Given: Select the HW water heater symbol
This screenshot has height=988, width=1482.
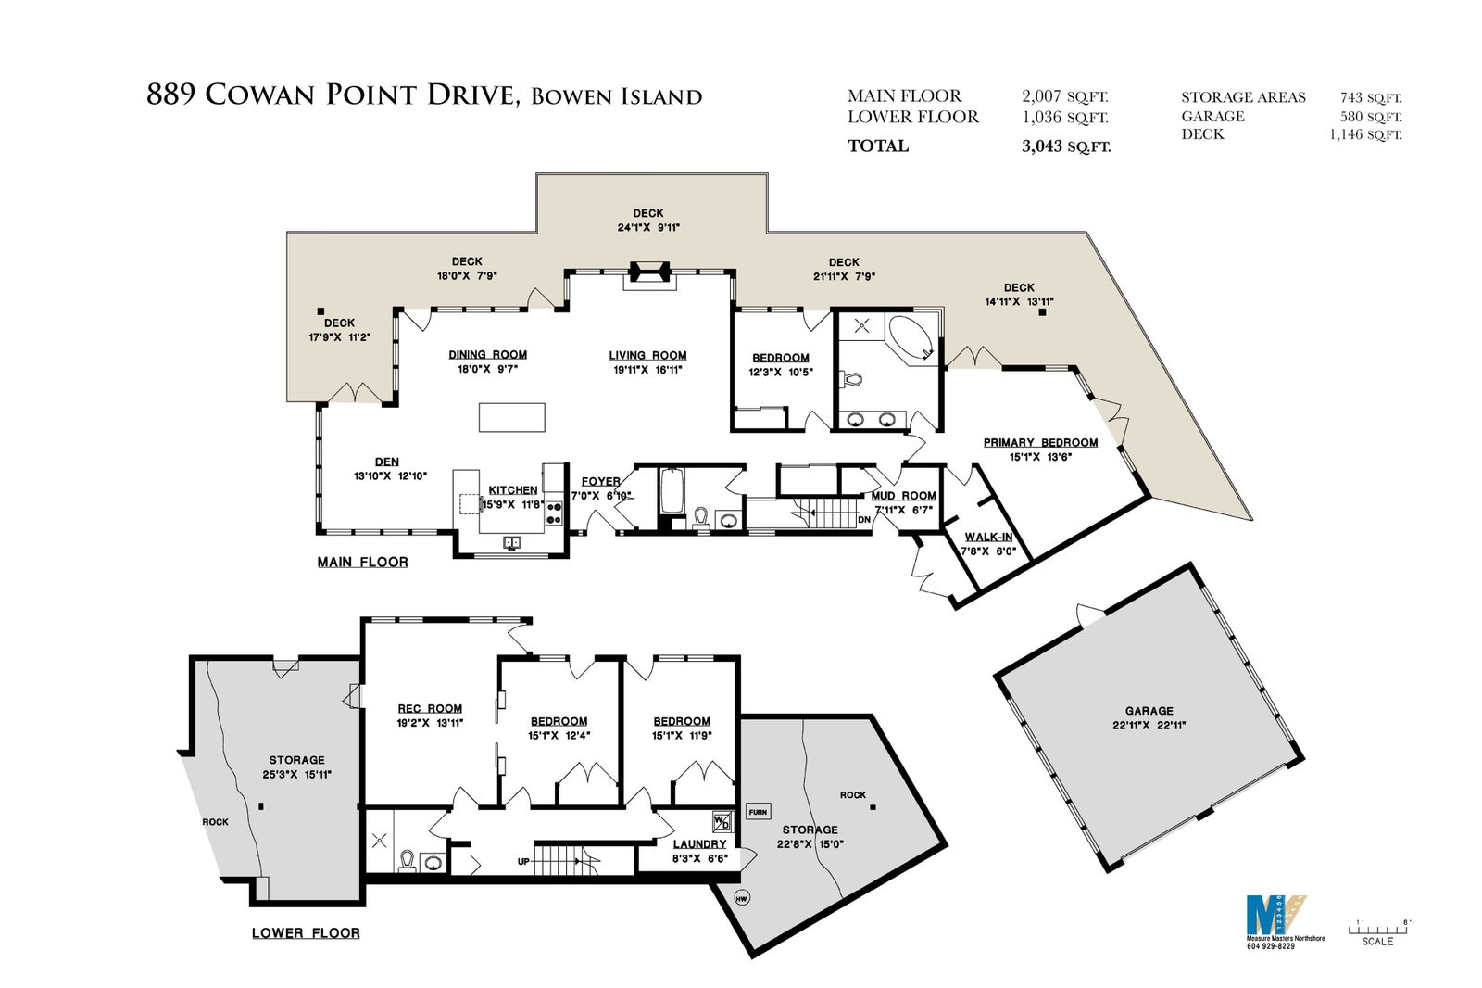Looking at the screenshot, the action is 742,899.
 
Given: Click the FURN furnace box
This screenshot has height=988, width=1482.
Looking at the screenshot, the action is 759,811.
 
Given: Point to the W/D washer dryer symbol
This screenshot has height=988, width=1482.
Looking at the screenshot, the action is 722,822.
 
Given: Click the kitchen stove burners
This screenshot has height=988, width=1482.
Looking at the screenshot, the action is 554,513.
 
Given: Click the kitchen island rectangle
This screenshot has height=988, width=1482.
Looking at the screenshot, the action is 512,418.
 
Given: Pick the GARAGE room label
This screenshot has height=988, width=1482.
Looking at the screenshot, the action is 1149,711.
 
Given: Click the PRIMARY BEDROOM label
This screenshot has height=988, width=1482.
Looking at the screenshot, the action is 1041,442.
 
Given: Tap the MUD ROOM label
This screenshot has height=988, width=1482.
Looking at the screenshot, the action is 904,496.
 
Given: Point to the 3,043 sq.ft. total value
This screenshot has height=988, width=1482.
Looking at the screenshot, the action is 1066,146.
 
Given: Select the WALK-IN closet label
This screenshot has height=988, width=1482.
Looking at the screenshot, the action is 988,537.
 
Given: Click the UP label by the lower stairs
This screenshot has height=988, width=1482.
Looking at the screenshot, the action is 524,862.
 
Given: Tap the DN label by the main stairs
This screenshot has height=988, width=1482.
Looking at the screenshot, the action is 864,520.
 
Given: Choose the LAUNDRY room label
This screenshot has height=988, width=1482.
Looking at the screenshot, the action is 700,844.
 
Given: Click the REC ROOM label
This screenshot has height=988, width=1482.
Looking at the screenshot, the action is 430,708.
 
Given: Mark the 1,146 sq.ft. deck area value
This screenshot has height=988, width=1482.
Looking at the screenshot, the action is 1365,134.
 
